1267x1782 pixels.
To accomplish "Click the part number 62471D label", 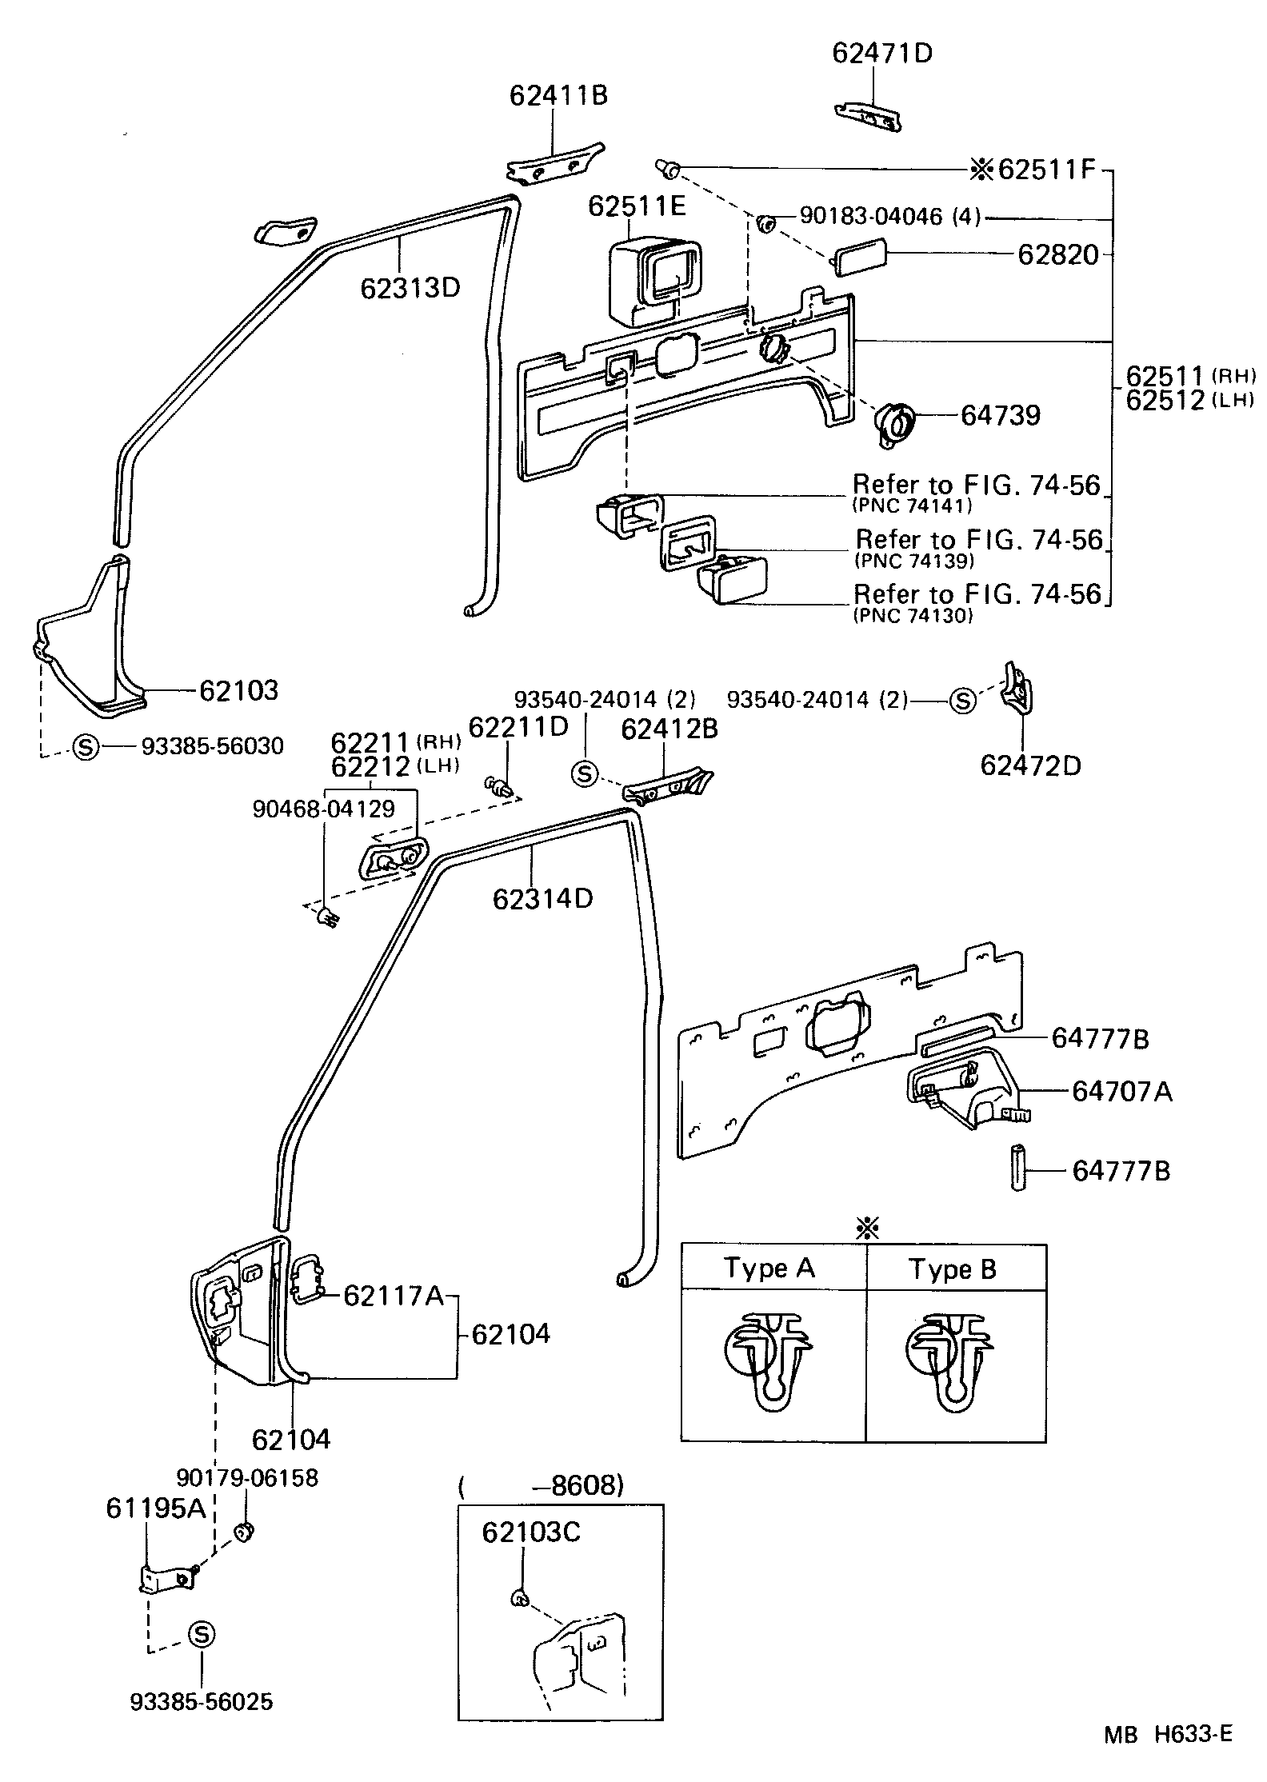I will pos(881,53).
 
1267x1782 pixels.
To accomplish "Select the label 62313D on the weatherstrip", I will pos(410,287).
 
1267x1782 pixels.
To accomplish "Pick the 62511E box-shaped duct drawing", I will pos(652,282).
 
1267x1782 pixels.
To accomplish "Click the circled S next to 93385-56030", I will pos(85,746).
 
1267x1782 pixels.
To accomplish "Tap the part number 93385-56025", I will pos(202,1701).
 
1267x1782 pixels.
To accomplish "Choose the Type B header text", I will pos(953,1269).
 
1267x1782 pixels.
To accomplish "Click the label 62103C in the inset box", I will pos(530,1532).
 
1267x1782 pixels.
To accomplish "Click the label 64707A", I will pos(1121,1091).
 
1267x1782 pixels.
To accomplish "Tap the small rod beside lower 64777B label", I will pos(1018,1170).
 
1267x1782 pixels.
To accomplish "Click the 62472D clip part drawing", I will pos(1017,687).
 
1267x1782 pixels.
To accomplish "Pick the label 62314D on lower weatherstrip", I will pos(542,898).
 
